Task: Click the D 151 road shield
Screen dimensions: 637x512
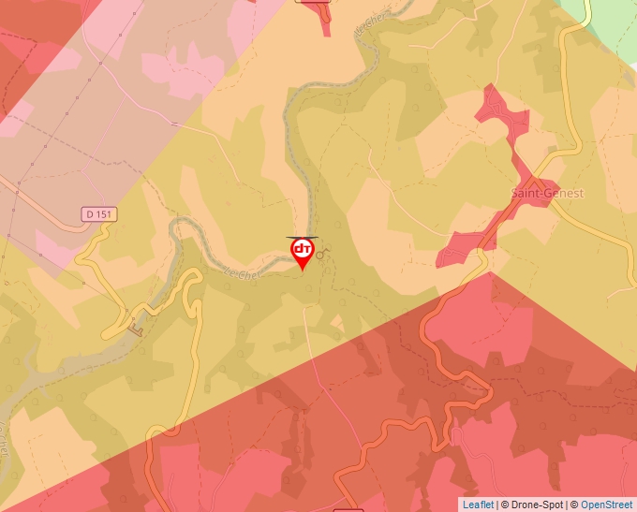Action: coord(97,214)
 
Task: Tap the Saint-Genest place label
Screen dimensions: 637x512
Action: coord(547,193)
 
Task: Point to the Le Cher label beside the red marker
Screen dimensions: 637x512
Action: coord(242,272)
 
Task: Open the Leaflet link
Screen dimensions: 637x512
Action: coord(478,505)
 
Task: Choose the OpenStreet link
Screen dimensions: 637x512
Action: coord(606,505)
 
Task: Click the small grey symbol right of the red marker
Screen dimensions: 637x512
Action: coord(321,253)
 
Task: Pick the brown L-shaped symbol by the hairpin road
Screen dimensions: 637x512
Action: coord(138,328)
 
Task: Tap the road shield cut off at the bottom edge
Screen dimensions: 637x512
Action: coord(348,509)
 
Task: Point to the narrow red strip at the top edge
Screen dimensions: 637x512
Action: coord(324,17)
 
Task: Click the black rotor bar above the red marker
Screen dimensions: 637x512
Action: coord(303,238)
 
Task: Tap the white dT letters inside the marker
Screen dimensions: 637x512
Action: coord(303,250)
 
